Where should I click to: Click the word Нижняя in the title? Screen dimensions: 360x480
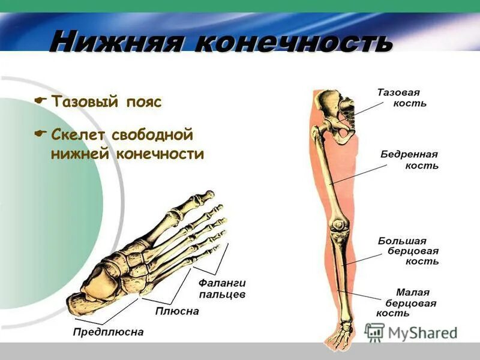coord(116,43)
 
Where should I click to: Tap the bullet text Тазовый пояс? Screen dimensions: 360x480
coord(106,101)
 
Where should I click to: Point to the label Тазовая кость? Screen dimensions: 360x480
coord(401,98)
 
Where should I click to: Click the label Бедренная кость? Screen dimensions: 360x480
coord(410,160)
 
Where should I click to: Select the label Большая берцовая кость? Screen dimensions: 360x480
coord(408,251)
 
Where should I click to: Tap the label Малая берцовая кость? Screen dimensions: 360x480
coord(406,302)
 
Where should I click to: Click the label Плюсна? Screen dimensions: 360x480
coord(177,311)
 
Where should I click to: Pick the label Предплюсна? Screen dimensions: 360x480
coord(109,332)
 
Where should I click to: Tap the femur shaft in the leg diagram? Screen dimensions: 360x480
coord(332,174)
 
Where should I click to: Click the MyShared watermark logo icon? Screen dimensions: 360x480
coord(374,332)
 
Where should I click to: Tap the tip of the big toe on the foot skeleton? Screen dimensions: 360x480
coord(208,194)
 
